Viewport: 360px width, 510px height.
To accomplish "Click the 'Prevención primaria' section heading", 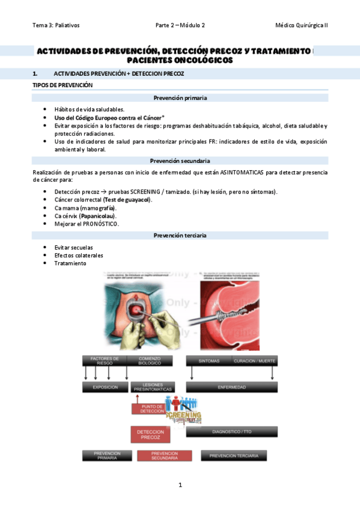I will [x=180, y=97].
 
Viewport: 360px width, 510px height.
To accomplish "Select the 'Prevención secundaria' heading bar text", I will [x=180, y=161].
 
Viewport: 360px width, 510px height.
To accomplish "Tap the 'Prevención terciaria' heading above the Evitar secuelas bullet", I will [x=180, y=235].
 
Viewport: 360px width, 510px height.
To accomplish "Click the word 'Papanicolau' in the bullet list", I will [x=97, y=215].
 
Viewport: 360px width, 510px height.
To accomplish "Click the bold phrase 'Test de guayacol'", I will [x=127, y=199].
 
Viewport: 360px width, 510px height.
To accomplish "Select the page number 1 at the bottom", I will [x=180, y=485].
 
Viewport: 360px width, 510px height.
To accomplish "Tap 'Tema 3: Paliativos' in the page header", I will [x=56, y=25].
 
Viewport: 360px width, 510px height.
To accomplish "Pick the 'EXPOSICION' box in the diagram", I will [x=105, y=387].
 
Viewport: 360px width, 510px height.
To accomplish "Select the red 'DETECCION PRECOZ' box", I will [x=150, y=435].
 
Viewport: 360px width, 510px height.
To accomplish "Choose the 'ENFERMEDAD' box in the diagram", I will [x=231, y=387].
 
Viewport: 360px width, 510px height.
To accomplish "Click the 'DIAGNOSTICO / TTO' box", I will [x=231, y=432].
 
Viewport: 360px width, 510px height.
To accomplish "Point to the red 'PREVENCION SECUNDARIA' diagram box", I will [x=164, y=456].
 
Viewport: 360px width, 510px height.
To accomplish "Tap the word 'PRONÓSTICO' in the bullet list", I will [x=99, y=224].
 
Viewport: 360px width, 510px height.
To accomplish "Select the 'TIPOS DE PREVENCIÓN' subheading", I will [x=63, y=85].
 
